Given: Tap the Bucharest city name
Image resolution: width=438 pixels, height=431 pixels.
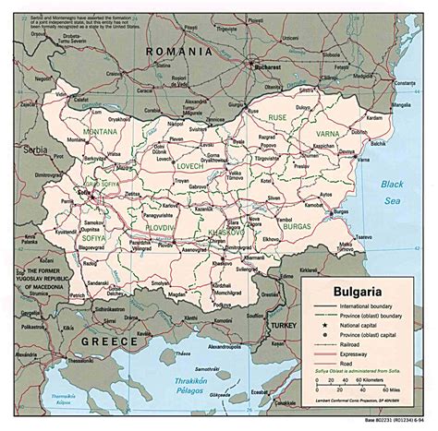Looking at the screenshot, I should pyautogui.click(x=268, y=69).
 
